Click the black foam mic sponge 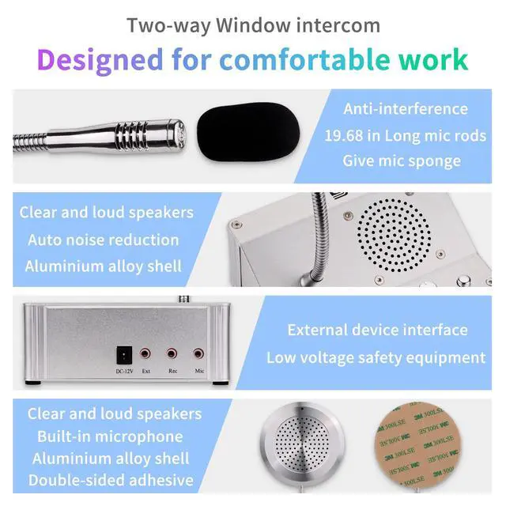pos(247,131)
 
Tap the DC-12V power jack pos(124,356)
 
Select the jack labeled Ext pos(145,354)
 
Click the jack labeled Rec pos(172,354)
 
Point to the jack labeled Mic pos(198,354)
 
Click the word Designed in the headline pos(100,60)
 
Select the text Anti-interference pos(406,109)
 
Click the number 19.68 pos(344,136)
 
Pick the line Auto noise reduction pos(104,240)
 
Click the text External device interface pos(378,330)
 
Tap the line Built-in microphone pos(110,436)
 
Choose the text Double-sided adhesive pos(111,480)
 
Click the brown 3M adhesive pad pos(419,447)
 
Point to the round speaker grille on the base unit pos(394,236)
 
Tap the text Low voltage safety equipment pos(376,358)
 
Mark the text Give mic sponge pos(402,161)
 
